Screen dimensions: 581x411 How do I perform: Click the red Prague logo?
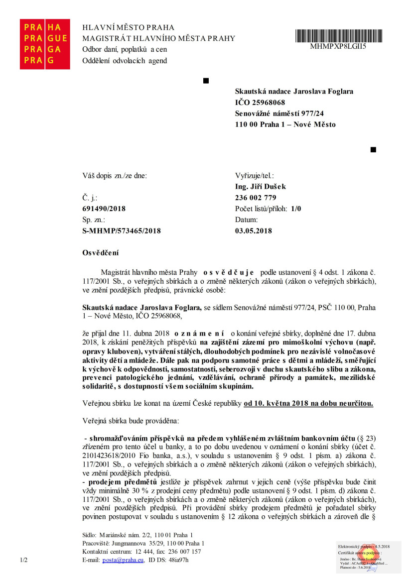click(44, 44)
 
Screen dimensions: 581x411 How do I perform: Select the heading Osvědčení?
click(101, 253)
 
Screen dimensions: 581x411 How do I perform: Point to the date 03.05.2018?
click(254, 231)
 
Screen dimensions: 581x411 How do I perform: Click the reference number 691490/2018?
click(104, 209)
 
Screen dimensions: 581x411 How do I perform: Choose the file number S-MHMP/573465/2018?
click(122, 231)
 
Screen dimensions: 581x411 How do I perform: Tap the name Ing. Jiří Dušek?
click(261, 187)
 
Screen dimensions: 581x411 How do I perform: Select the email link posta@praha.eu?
click(123, 560)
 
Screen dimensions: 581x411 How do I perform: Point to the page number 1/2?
click(24, 560)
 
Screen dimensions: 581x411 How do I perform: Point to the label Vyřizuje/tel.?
click(255, 176)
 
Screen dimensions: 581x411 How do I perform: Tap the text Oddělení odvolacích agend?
click(125, 61)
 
